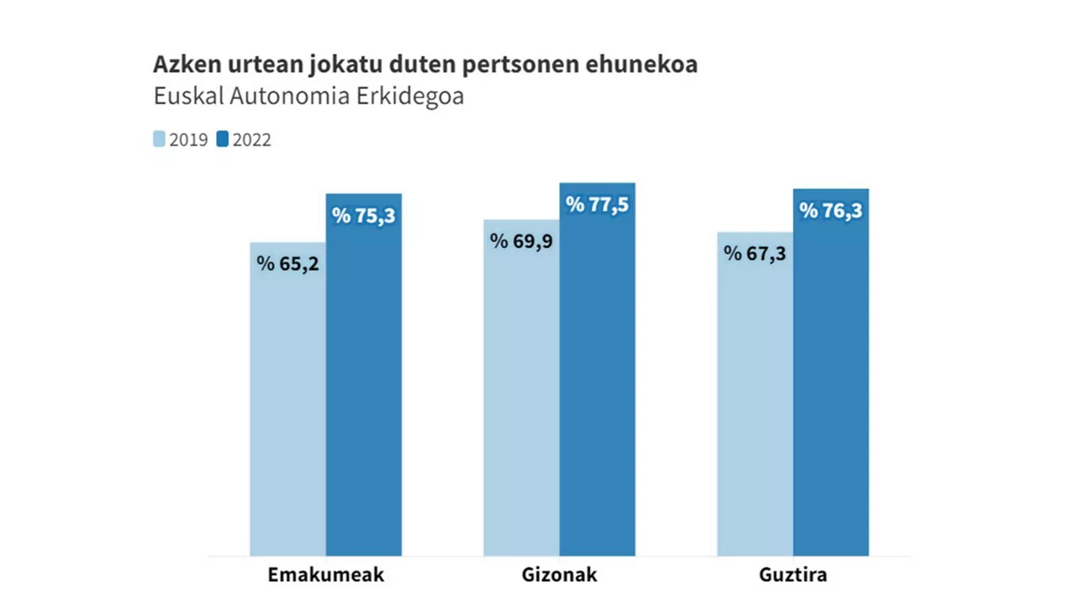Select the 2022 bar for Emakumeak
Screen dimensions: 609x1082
[363, 389]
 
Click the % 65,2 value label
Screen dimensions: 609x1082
[287, 263]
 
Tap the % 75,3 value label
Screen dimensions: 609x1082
[363, 216]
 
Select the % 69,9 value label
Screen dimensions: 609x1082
[521, 241]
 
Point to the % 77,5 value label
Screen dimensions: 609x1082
[597, 205]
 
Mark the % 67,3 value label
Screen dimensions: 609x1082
[755, 253]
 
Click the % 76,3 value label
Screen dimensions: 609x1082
[831, 211]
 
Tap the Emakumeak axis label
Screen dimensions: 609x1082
[325, 575]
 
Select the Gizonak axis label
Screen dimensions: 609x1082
[559, 575]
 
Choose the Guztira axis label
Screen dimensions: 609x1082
[793, 575]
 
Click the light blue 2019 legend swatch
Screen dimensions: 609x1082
[159, 140]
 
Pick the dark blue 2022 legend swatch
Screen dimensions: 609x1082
[222, 140]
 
